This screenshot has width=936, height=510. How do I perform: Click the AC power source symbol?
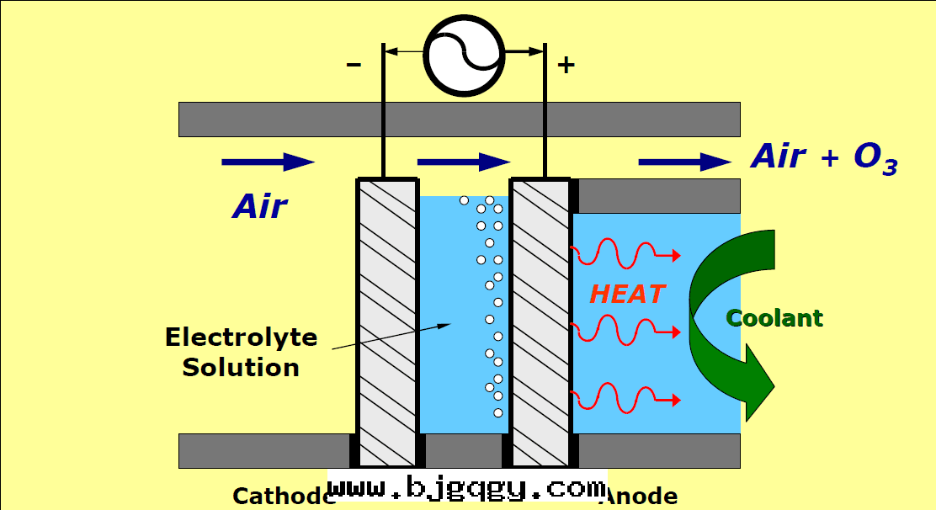click(x=464, y=55)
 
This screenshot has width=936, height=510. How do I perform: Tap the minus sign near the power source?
click(x=354, y=64)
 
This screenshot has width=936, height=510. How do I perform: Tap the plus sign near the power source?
click(x=566, y=65)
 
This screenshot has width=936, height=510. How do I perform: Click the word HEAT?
click(x=627, y=294)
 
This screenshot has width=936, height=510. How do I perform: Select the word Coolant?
click(x=774, y=318)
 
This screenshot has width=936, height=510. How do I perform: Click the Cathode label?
click(x=282, y=496)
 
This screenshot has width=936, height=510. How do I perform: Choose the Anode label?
click(x=640, y=496)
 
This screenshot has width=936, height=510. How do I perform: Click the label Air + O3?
click(x=823, y=157)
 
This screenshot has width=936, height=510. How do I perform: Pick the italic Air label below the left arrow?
click(x=260, y=205)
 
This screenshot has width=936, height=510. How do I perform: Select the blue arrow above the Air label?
click(x=268, y=162)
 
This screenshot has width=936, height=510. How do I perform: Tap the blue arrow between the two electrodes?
click(x=464, y=162)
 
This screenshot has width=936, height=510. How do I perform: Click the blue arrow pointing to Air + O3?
click(x=684, y=162)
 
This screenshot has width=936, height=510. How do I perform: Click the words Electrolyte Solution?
click(x=241, y=352)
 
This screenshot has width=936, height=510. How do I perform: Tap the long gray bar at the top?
click(x=459, y=119)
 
